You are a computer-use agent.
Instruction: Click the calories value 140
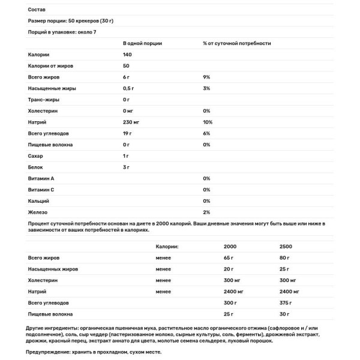pos(127,55)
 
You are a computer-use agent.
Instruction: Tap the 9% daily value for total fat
pos(206,77)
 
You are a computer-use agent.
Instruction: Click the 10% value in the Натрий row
pos(208,122)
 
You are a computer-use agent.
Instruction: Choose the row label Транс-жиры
pos(44,100)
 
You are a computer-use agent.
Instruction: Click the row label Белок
pos(36,167)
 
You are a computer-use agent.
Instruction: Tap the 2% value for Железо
pos(206,212)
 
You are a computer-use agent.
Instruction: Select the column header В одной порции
pos(142,43)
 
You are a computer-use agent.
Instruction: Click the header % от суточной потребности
pos(236,43)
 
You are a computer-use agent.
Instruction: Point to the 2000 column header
pos(230,246)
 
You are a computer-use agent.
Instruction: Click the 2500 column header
pos(287,246)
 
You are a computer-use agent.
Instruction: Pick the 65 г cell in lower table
pos(229,257)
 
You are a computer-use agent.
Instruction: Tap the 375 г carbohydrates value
pos(287,302)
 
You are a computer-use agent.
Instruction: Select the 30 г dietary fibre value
pos(285,314)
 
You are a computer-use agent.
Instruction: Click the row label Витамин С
pos(43,190)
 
